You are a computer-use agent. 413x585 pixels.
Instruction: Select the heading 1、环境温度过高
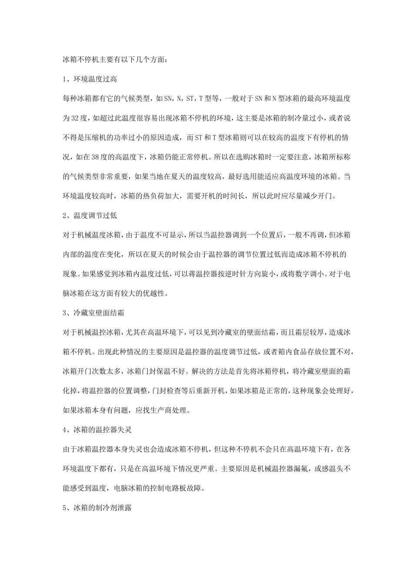(90, 79)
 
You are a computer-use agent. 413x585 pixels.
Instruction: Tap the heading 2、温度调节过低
(90, 215)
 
